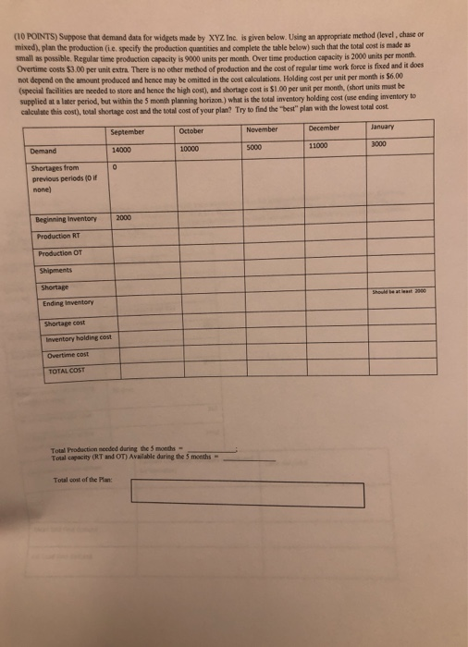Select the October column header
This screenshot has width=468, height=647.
coord(191,131)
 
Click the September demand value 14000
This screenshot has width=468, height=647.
coord(121,149)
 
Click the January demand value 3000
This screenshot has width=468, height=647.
coord(378,144)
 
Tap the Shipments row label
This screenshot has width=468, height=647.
coord(56,271)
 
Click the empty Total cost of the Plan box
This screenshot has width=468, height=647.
coord(247,493)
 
